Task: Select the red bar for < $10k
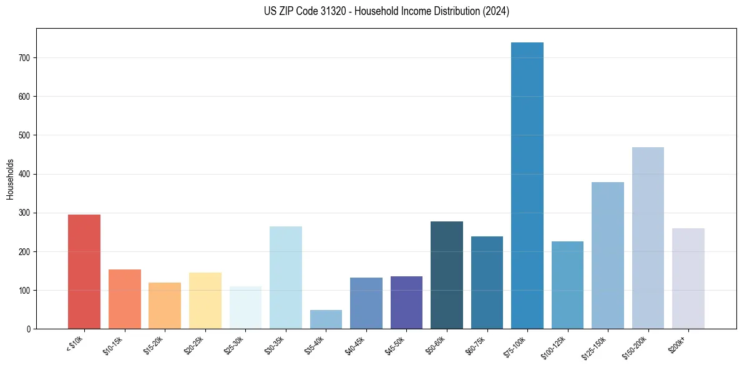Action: click(84, 271)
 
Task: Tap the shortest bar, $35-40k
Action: click(326, 319)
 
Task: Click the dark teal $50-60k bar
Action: click(447, 275)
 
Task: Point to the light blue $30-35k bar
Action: click(286, 278)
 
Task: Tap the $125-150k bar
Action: click(608, 256)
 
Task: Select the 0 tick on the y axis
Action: click(29, 329)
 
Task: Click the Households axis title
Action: click(10, 178)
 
